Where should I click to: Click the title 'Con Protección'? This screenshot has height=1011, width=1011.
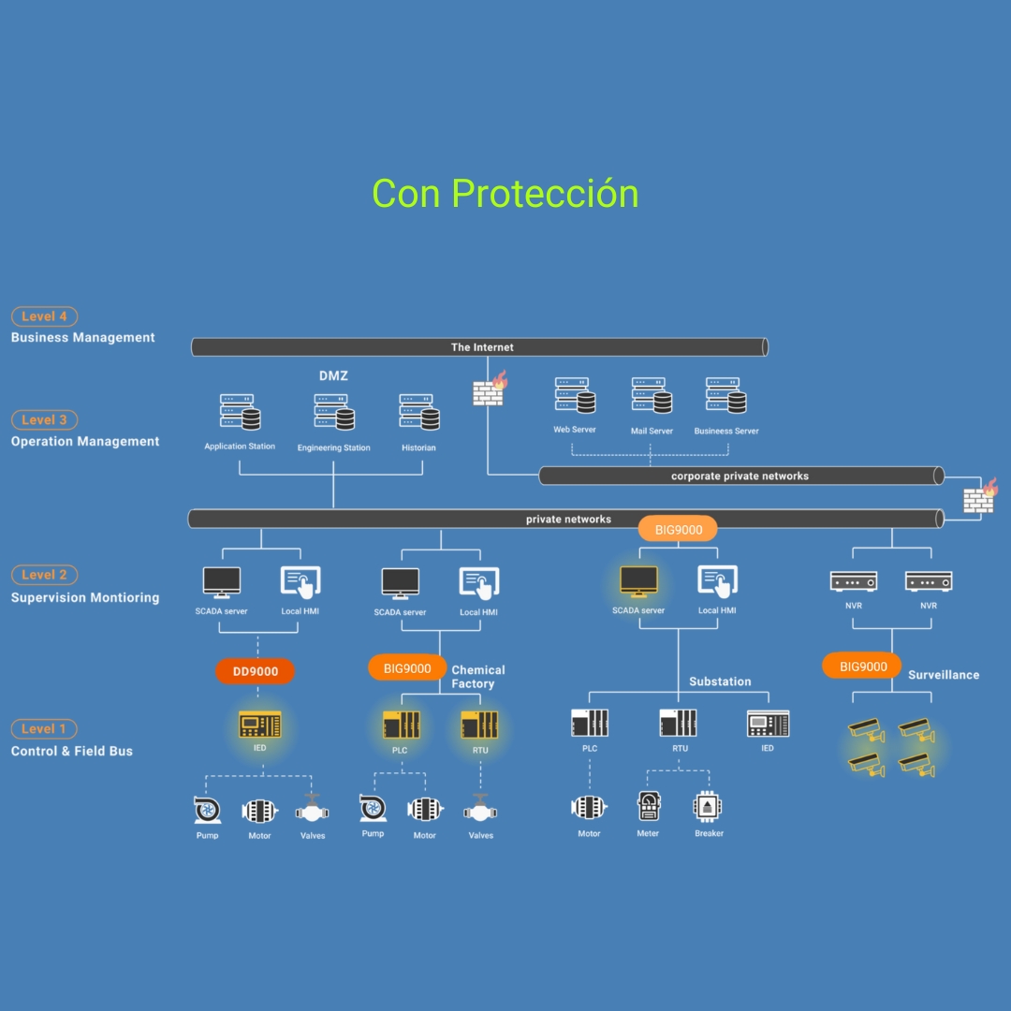(x=505, y=194)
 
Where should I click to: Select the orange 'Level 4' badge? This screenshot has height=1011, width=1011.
(x=44, y=316)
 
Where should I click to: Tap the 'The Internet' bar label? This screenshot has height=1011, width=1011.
(x=482, y=347)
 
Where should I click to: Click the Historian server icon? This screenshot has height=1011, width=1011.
(x=419, y=412)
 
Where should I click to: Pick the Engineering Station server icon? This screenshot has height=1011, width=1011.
(x=333, y=412)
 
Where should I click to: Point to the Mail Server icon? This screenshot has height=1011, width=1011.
(x=652, y=396)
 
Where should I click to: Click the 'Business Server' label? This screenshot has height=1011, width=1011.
(x=726, y=432)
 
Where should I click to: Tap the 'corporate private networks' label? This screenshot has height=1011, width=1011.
(x=740, y=476)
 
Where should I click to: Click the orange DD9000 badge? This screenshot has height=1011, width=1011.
(x=256, y=671)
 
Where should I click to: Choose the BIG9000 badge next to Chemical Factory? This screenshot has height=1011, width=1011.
(x=407, y=668)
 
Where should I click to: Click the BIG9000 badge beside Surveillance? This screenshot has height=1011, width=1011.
(x=863, y=667)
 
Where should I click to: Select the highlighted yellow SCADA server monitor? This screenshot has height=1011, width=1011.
(x=638, y=581)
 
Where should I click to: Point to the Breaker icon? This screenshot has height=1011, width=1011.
(x=709, y=806)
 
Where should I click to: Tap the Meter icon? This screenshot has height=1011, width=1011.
(x=648, y=806)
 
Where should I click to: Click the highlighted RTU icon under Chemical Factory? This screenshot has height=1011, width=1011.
(x=479, y=725)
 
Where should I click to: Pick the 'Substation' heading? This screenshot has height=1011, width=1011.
(x=720, y=681)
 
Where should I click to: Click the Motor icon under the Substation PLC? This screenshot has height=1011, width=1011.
(x=589, y=807)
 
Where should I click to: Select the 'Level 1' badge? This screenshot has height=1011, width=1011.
(x=44, y=728)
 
